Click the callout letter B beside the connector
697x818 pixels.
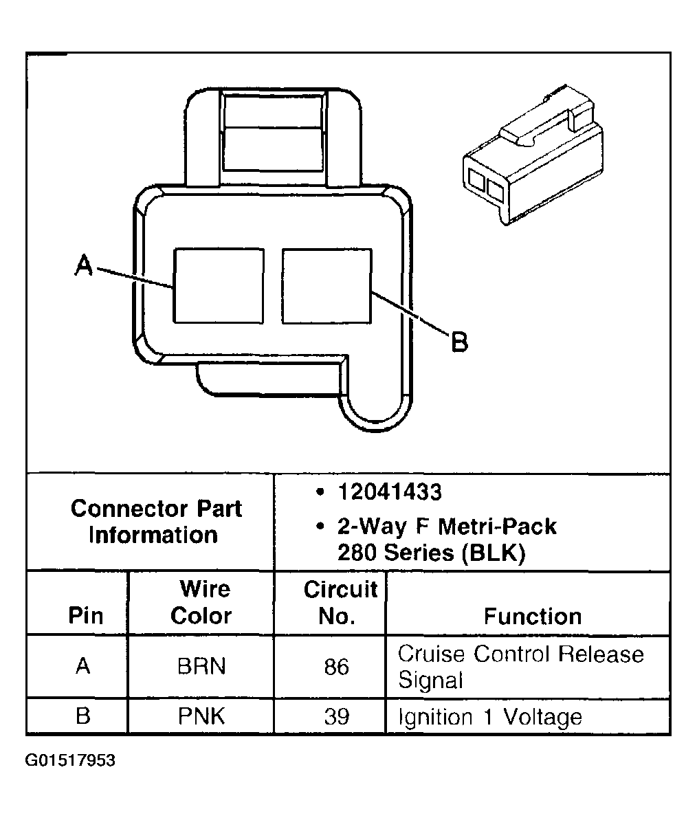coord(458,341)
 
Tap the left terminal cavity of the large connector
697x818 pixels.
coord(218,285)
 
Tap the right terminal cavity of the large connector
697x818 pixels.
coord(327,285)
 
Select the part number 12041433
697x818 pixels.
coord(389,492)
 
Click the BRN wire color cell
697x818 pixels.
coord(201,666)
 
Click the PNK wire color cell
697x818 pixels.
coord(201,716)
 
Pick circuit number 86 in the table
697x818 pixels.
coord(336,666)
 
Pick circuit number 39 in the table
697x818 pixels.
coord(336,716)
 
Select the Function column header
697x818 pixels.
coord(532,616)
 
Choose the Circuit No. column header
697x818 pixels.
coord(340,602)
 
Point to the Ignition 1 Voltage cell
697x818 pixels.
coord(490,717)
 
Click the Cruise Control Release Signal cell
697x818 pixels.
coord(520,666)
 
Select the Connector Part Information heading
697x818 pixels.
coord(156,522)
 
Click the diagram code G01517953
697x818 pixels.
coord(71,761)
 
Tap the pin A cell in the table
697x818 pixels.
coord(83,666)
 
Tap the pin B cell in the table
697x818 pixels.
coord(83,716)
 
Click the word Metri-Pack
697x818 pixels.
coord(497,527)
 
